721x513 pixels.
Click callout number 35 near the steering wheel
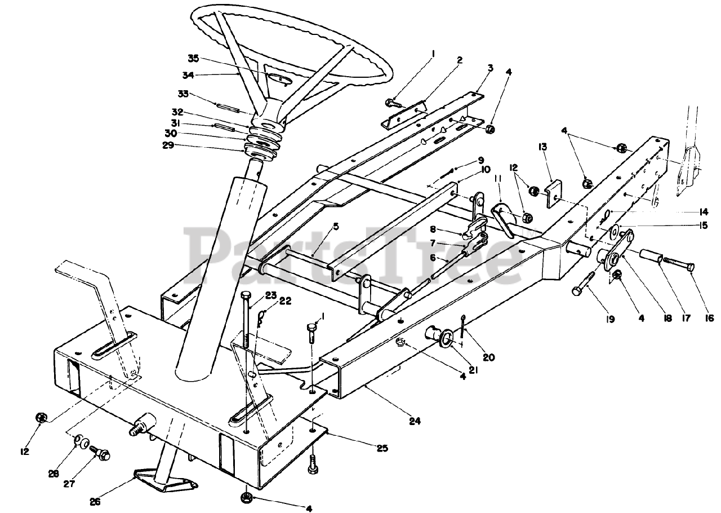(x=194, y=58)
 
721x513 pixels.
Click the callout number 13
(x=543, y=147)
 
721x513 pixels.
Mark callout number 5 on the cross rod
(x=335, y=227)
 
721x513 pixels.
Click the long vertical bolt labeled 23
(x=247, y=321)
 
